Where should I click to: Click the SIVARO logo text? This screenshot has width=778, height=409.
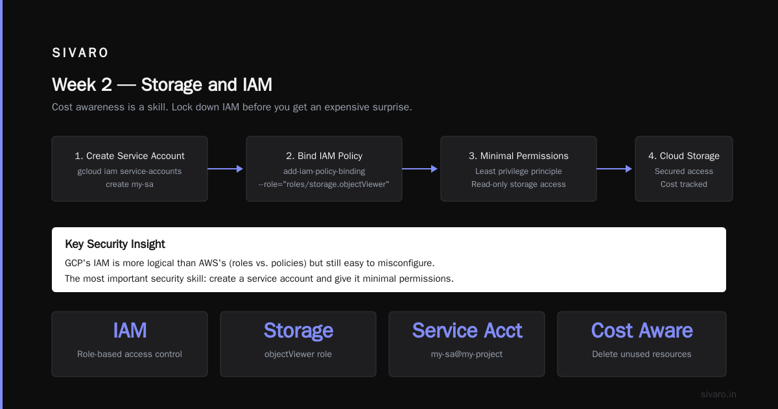click(x=80, y=53)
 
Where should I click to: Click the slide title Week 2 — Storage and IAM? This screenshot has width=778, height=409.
click(x=162, y=85)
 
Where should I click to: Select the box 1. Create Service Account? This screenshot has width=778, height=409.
click(x=130, y=169)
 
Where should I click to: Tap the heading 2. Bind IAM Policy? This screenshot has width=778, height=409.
click(x=324, y=156)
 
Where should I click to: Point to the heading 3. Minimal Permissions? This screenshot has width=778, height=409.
click(x=519, y=156)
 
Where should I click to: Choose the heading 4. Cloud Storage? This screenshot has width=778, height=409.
click(x=684, y=156)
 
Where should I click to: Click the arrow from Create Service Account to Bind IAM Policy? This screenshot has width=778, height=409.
click(x=225, y=169)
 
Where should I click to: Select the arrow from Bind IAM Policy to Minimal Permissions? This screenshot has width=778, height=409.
click(x=419, y=169)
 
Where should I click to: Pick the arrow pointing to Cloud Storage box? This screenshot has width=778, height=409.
click(x=614, y=169)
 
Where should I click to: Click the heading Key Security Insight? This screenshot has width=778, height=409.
click(x=115, y=244)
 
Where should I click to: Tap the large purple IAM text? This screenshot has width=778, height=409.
click(x=130, y=330)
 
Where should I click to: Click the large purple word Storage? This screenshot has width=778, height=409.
click(x=298, y=330)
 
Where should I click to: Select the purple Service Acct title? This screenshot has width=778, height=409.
click(x=467, y=330)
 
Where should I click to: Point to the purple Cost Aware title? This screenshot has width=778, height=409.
click(x=642, y=330)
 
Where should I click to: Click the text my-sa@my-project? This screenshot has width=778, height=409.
click(x=467, y=354)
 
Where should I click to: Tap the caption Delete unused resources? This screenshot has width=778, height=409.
click(x=642, y=354)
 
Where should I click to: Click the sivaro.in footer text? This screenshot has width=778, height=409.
click(x=718, y=394)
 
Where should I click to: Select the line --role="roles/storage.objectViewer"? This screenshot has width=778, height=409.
click(x=324, y=184)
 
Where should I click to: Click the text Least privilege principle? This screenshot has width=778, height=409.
click(x=519, y=171)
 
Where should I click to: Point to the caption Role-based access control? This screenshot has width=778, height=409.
click(x=130, y=354)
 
